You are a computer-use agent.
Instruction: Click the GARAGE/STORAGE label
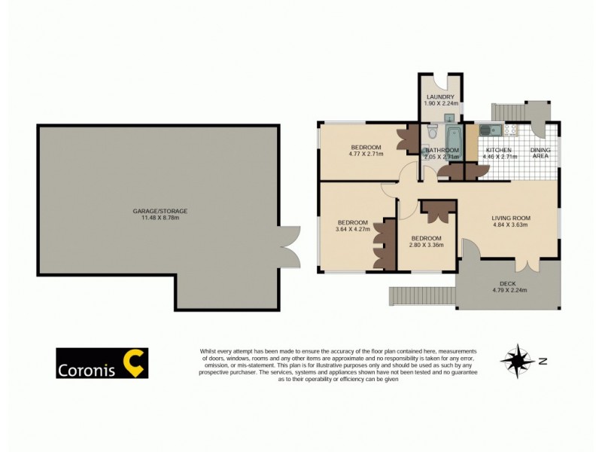pos(160,211)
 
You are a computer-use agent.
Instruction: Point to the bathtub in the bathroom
pos(454,139)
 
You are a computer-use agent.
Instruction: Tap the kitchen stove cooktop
pos(509,131)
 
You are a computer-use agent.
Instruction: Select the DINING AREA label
pos(540,153)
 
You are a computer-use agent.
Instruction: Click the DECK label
pos(509,282)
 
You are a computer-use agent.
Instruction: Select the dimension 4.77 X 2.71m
pos(366,154)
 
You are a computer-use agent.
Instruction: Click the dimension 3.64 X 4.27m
pos(352,230)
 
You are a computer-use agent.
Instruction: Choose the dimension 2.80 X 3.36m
pos(426,244)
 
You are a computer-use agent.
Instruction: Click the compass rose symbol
pos(515,361)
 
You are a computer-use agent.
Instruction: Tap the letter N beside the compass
pos(543,361)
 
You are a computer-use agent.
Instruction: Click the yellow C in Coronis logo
pos(135,362)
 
